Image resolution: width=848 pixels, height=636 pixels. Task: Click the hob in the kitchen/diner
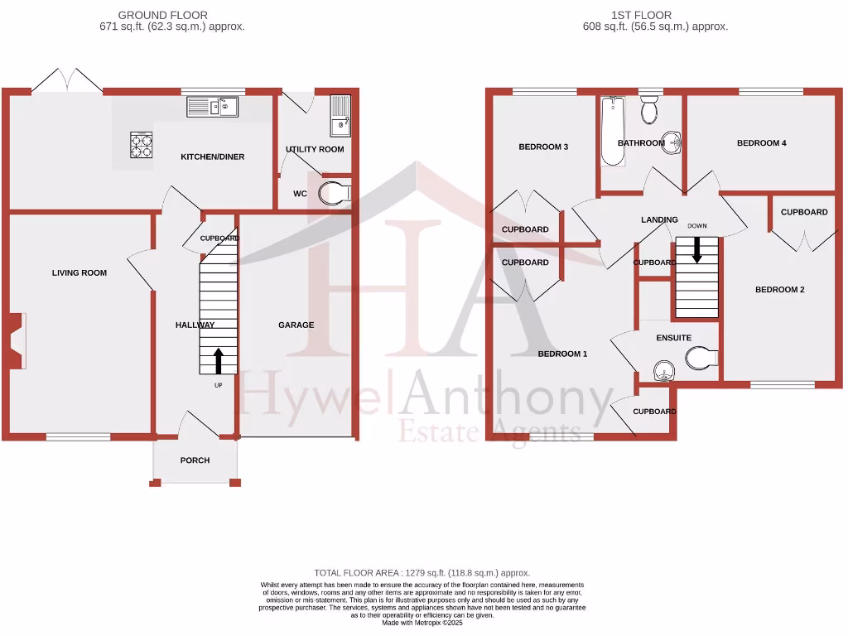[x=142, y=145]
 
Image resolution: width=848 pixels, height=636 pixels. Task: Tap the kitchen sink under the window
[x=212, y=106]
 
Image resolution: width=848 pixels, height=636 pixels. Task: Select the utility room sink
[x=340, y=115]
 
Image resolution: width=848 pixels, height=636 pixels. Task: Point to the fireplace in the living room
[x=17, y=340]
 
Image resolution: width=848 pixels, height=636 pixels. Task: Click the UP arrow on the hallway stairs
[x=219, y=360]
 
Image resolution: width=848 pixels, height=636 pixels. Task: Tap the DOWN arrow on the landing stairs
[x=696, y=249]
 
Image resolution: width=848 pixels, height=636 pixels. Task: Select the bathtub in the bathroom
[x=613, y=131]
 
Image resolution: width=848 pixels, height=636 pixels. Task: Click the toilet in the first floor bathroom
[x=649, y=108]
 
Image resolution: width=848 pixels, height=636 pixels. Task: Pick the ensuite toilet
[x=701, y=358]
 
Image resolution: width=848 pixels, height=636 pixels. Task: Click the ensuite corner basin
[x=662, y=371]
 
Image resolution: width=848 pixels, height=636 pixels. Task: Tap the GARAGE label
[x=296, y=325]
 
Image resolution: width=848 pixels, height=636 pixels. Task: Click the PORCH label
[x=195, y=460]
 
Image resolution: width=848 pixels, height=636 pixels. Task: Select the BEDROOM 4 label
[x=761, y=143]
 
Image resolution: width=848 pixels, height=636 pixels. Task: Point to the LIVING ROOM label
[x=79, y=272]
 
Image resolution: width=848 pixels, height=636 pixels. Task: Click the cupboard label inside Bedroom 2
[x=804, y=212]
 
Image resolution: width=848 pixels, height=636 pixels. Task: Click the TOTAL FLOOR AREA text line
[x=422, y=572]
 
